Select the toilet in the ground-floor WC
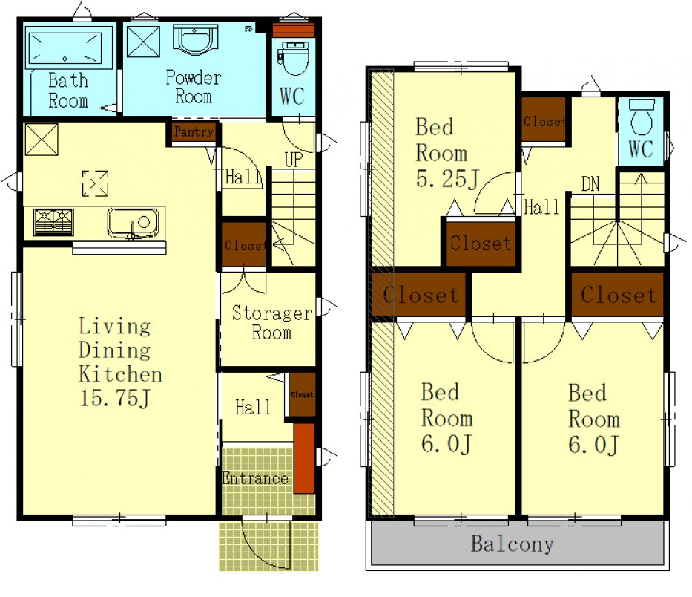294,59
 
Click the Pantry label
194,131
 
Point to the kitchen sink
134,223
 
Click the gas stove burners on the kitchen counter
54,222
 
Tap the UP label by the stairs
294,160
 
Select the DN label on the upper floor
590,184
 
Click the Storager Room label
272,322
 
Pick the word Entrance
255,478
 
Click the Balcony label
513,544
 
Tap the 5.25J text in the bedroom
447,179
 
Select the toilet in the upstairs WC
642,117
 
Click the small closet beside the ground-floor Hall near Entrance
303,394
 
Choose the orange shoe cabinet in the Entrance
304,458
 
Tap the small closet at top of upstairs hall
544,120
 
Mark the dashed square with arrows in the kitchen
95,183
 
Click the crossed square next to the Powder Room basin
143,42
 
